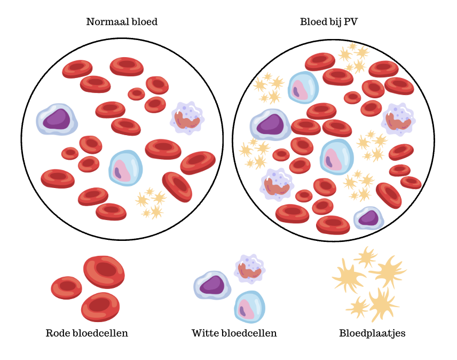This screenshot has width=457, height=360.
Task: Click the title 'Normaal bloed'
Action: [x=122, y=22]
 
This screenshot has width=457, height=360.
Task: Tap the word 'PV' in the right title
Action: [x=351, y=22]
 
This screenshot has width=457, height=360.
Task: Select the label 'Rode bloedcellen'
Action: [x=87, y=333]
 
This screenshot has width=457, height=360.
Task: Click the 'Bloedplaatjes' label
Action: [x=372, y=333]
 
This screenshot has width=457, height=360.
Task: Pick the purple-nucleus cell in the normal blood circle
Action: [x=57, y=119]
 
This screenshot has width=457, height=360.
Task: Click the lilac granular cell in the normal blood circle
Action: [x=187, y=118]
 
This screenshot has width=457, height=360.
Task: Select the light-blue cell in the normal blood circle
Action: [x=125, y=168]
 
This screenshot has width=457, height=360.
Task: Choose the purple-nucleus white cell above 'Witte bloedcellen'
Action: [x=212, y=285]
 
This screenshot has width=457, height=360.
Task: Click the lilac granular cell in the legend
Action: [x=250, y=269]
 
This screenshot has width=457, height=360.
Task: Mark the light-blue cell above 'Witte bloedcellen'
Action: [x=250, y=307]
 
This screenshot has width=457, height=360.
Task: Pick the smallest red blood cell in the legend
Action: [x=66, y=288]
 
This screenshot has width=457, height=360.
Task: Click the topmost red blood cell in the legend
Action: [x=104, y=272]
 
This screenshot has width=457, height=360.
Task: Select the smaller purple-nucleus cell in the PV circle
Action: [x=369, y=218]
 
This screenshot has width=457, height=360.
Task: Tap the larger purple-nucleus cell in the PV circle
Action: [x=271, y=125]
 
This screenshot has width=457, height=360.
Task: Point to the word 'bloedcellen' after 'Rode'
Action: [x=100, y=333]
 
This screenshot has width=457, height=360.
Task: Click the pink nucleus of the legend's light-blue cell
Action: [x=246, y=309]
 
